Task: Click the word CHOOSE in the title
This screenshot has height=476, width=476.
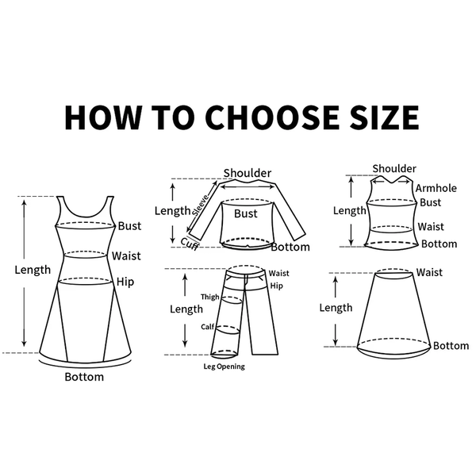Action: [x=272, y=117]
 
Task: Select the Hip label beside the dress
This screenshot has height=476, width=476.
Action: [x=125, y=282]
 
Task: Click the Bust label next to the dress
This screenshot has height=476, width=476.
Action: [x=129, y=226]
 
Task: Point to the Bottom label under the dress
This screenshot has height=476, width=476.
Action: [x=84, y=377]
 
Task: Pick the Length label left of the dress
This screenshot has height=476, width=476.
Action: [x=33, y=270]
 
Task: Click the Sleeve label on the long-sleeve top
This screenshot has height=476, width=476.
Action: [x=201, y=205]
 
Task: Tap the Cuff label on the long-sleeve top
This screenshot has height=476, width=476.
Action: [x=190, y=244]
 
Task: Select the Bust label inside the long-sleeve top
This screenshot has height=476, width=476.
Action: [x=246, y=213]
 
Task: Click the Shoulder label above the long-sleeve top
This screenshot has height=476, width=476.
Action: [x=248, y=173]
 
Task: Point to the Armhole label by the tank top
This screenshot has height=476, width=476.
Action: [x=436, y=188]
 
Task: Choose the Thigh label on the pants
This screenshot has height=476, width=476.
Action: [x=209, y=297]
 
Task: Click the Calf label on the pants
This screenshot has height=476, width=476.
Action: [x=208, y=327]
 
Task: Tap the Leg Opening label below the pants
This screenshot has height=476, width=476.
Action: [x=224, y=367]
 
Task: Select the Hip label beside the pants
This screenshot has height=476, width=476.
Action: [x=276, y=286]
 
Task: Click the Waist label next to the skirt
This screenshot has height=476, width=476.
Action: [x=429, y=272]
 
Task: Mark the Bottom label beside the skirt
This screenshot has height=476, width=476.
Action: [x=451, y=346]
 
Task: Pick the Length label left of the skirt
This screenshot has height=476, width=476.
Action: [x=336, y=308]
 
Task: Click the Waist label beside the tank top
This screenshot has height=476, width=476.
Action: [x=431, y=226]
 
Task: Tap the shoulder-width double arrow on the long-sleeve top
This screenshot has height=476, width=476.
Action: [x=248, y=187]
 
